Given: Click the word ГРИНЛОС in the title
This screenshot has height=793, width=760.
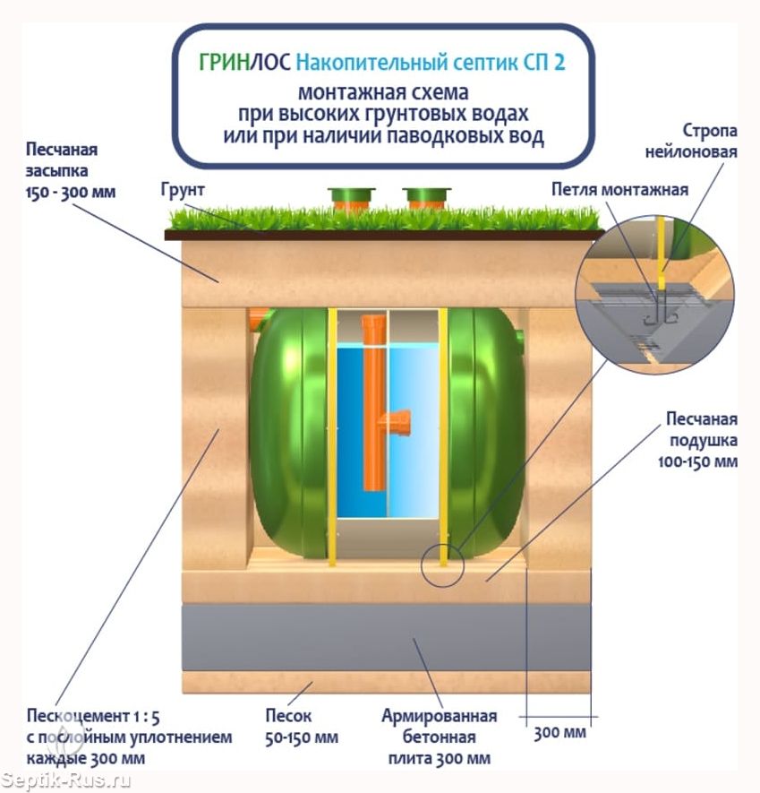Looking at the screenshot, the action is coord(245,62).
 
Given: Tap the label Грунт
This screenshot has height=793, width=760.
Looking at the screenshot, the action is coord(183,190).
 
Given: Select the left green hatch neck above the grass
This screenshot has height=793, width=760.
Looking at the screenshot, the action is coord(351,198).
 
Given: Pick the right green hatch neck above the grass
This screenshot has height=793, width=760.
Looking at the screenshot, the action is coord(426,198).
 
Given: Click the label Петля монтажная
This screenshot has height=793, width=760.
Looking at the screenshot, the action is coord(619,190).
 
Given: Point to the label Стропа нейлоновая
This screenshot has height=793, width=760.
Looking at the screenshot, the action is coord(691,141).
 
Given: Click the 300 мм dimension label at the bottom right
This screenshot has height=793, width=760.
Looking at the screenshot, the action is coord(559,733).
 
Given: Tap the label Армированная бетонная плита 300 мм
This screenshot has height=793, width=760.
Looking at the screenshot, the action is coord(440,737).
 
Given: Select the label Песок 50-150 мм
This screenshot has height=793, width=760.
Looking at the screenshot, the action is coord(302,727).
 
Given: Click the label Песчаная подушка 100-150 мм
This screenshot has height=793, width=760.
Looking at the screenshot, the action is coord(697,441).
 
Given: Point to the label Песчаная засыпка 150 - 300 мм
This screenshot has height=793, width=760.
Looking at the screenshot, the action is coord(71,171).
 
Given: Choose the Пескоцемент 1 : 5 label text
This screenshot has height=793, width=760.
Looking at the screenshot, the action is coord(93,716).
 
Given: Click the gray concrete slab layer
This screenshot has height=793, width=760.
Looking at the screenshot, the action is coord(386,637).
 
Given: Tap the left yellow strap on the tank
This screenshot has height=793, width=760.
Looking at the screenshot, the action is coord(332,437).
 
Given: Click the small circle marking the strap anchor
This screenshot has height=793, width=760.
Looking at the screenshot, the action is coord(442,565).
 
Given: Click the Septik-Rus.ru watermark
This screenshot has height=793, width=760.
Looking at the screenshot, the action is coord(65,780).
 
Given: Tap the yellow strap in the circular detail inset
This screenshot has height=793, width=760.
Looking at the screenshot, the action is coord(661,253).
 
